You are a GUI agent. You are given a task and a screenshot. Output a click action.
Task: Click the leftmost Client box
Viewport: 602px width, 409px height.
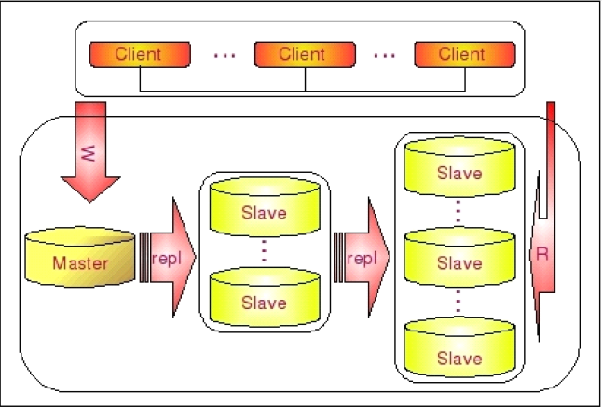pyautogui.click(x=140, y=55)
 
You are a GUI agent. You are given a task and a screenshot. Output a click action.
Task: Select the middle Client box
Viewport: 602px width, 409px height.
pyautogui.click(x=306, y=55)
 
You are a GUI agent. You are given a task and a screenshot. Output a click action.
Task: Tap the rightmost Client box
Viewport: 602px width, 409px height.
pyautogui.click(x=465, y=55)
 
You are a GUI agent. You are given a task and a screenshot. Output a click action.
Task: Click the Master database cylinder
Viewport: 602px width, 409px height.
pyautogui.click(x=80, y=257)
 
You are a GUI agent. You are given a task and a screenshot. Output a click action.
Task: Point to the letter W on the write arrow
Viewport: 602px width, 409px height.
pyautogui.click(x=89, y=153)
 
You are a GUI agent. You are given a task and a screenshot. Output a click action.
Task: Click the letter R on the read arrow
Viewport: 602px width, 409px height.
pyautogui.click(x=542, y=254)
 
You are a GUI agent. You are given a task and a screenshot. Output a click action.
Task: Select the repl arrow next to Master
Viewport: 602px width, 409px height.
pyautogui.click(x=168, y=258)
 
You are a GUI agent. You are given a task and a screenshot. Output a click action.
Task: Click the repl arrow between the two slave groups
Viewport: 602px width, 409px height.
pyautogui.click(x=363, y=258)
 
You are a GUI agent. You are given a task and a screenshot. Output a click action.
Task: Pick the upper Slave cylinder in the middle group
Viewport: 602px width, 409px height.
pyautogui.click(x=265, y=206)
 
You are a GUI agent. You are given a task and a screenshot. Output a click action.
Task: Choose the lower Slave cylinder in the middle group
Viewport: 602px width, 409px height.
pyautogui.click(x=265, y=297)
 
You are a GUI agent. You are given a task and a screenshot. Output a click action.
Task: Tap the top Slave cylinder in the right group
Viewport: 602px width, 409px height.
pyautogui.click(x=459, y=166)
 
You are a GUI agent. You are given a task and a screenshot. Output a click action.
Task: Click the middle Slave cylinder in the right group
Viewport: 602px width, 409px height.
pyautogui.click(x=459, y=257)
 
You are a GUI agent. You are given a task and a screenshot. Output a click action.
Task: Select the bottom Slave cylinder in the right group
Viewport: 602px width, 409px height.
pyautogui.click(x=459, y=347)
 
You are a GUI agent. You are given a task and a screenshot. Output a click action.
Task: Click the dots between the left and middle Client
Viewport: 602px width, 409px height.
pyautogui.click(x=225, y=56)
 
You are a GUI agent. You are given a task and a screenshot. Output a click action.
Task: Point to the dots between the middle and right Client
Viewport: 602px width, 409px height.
pyautogui.click(x=384, y=56)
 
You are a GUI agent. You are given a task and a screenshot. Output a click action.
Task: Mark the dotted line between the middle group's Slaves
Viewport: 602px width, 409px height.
pyautogui.click(x=264, y=251)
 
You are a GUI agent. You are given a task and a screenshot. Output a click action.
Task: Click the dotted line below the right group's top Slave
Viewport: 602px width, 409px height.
pyautogui.click(x=458, y=211)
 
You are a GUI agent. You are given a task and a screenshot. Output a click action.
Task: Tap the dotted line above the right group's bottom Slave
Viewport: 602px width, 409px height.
pyautogui.click(x=458, y=301)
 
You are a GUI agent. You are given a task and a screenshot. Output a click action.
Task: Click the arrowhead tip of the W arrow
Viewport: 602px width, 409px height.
pyautogui.click(x=89, y=202)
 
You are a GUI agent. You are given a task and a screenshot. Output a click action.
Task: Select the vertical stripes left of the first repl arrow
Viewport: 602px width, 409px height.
pyautogui.click(x=144, y=258)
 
